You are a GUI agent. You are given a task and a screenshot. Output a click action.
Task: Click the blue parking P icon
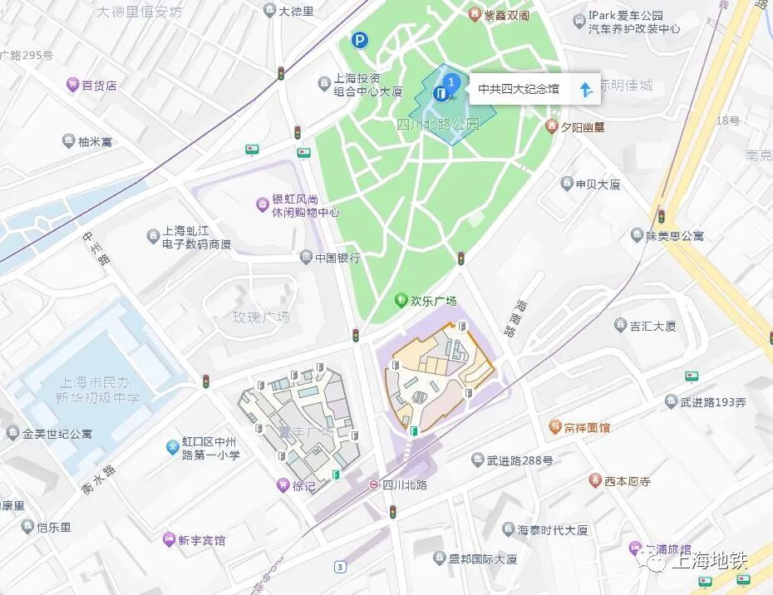point(359,39)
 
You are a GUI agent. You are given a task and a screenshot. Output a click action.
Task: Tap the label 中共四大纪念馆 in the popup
point(519,89)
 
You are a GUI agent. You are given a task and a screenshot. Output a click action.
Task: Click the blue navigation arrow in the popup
point(586,90)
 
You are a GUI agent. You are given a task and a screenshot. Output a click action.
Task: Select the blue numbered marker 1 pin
point(451,82)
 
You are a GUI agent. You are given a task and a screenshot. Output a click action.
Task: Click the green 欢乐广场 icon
point(401,300)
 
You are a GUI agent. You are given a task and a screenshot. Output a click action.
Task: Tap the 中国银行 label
point(337,258)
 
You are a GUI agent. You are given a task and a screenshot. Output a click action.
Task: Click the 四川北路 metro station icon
point(375,484)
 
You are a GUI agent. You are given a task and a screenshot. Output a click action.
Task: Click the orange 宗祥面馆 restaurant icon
point(554,427)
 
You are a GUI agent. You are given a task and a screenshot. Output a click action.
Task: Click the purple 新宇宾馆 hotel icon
point(169,539)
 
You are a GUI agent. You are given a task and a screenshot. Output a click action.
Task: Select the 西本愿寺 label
point(627,480)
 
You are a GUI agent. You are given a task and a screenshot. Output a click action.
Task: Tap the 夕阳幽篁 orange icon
point(550,126)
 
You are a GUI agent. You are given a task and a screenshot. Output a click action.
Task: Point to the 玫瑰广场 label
point(261,317)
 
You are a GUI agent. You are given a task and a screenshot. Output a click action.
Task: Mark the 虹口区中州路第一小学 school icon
point(173,447)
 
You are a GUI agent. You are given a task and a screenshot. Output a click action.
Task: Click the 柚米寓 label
point(95,142)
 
